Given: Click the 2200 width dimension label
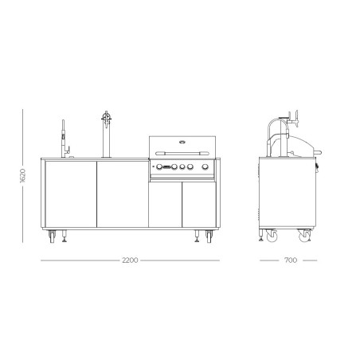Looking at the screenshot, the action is [x=130, y=260].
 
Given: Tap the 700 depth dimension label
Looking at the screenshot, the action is [x=291, y=260].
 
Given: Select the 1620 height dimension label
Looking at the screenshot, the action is [x=23, y=175].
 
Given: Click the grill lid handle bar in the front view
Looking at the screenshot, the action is [x=182, y=153].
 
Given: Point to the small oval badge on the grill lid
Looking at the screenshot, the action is [x=182, y=142].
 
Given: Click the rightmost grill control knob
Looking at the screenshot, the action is [x=205, y=167].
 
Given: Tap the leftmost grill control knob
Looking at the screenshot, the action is [x=159, y=167].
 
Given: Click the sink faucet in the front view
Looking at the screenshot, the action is [x=64, y=139].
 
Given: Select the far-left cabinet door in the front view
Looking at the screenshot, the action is [x=71, y=194].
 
